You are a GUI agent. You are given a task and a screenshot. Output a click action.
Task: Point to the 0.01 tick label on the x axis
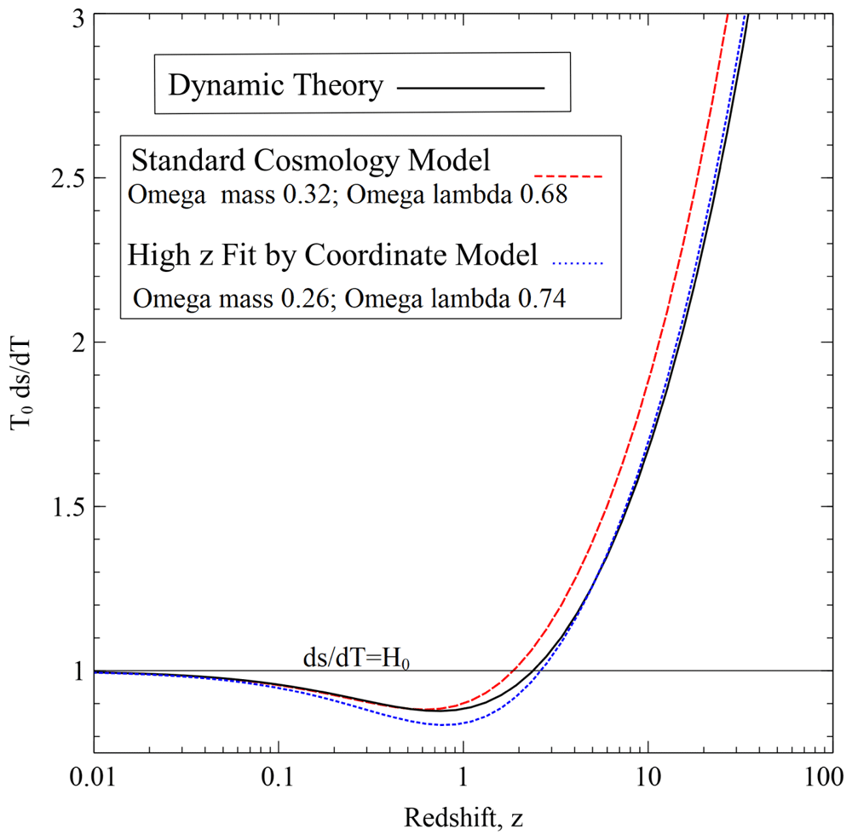93,781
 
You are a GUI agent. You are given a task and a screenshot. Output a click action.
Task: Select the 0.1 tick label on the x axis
278,781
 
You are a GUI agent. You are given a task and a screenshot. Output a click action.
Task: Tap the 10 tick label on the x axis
648,781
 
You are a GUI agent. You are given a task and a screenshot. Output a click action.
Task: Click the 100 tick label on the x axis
832,781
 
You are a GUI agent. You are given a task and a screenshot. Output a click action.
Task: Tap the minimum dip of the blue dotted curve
443,724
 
